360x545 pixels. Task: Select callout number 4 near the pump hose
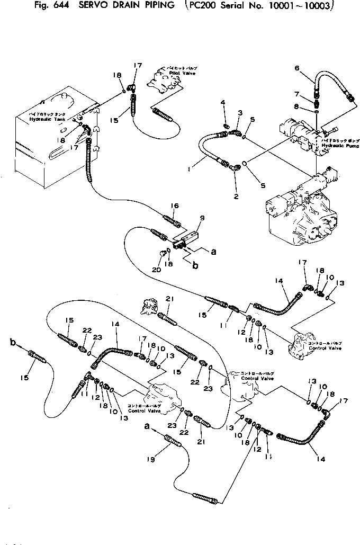point(223,102)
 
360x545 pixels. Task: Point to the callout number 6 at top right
point(297,68)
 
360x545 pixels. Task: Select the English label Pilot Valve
point(172,73)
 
